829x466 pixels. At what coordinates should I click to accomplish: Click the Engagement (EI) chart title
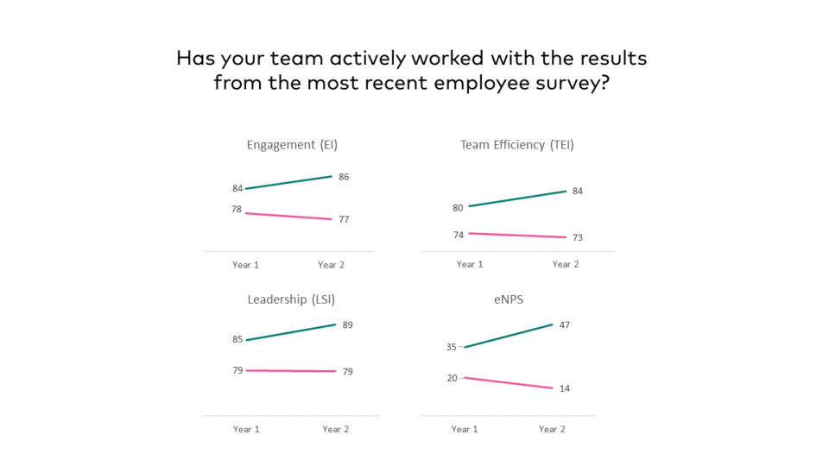[x=292, y=145]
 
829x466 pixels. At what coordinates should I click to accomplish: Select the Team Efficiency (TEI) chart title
[x=516, y=145]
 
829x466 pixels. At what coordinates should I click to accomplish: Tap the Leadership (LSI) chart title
[x=291, y=299]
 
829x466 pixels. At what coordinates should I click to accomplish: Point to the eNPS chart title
[x=509, y=299]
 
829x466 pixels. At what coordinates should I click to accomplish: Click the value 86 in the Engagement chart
[x=344, y=177]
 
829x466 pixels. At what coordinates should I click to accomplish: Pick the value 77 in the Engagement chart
[x=344, y=220]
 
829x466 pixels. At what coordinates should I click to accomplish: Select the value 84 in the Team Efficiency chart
[x=577, y=191]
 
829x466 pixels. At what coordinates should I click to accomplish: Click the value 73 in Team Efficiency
[x=577, y=238]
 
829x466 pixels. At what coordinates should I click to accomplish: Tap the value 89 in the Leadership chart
[x=347, y=325]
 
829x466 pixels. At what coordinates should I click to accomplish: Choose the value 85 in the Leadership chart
[x=237, y=340]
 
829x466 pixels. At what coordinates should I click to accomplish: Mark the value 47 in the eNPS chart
[x=564, y=325]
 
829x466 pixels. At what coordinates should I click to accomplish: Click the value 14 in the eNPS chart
[x=564, y=388]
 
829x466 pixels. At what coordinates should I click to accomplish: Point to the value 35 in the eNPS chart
[x=452, y=348]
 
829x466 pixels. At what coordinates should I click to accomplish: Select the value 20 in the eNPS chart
[x=452, y=378]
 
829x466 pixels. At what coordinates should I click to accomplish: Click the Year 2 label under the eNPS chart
[x=552, y=429]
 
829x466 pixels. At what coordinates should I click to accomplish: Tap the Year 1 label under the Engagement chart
[x=245, y=265]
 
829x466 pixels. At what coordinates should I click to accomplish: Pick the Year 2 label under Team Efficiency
[x=566, y=264]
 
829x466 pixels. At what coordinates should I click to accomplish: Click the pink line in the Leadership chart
[x=291, y=371]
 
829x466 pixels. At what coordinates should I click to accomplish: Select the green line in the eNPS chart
[x=509, y=336]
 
